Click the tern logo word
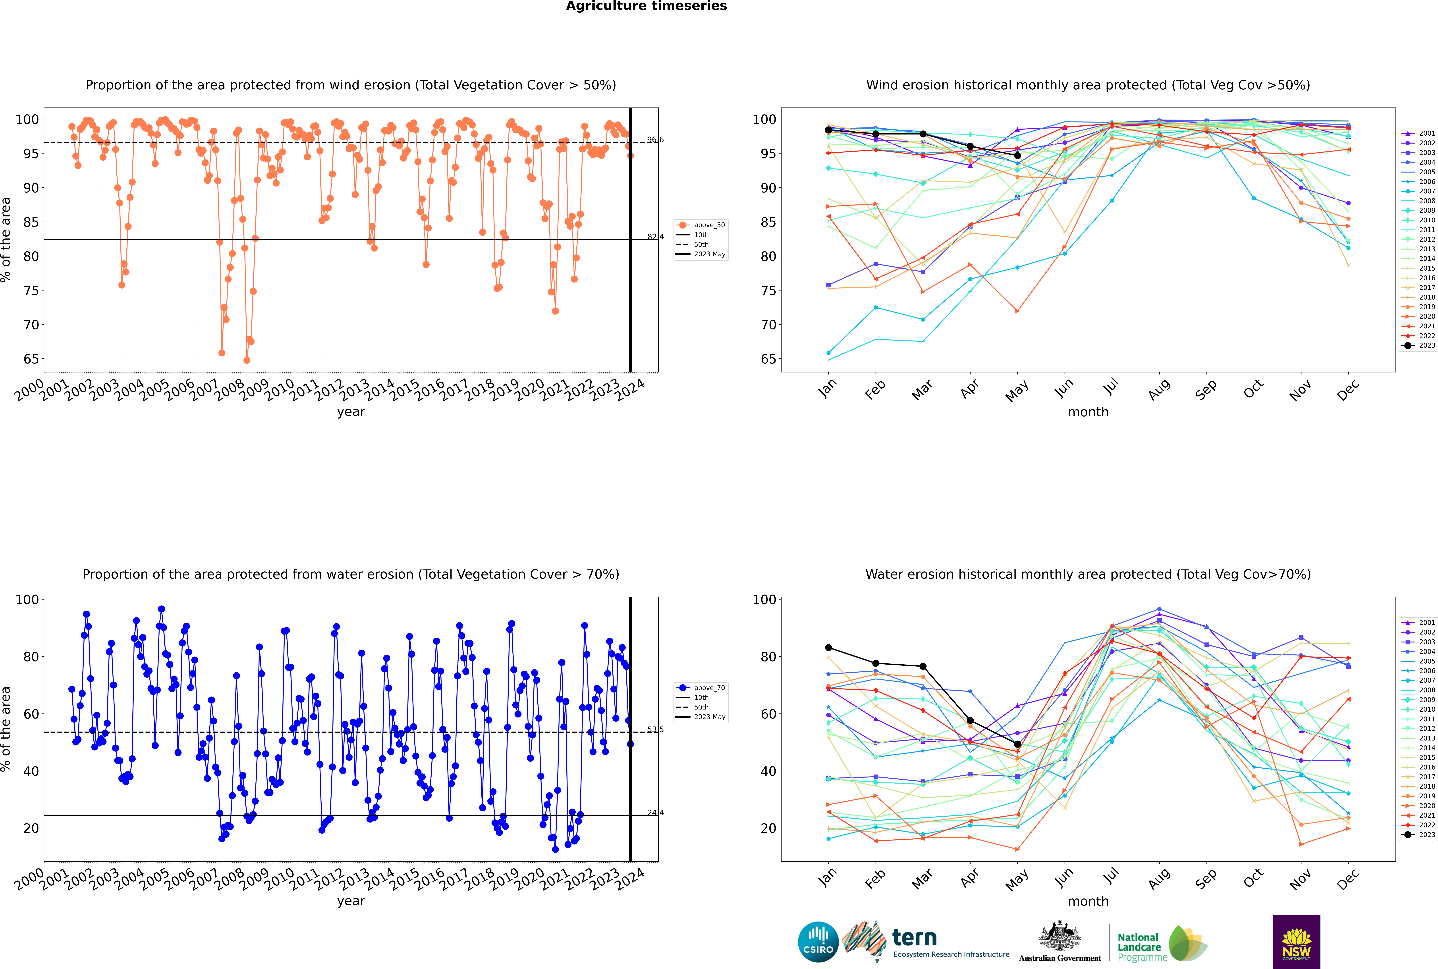point(914,938)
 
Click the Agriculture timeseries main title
point(646,6)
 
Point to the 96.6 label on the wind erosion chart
point(655,140)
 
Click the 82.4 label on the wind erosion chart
point(655,237)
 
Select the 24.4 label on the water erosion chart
point(655,813)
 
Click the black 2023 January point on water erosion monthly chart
point(828,648)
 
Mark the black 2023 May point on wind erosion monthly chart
point(1018,155)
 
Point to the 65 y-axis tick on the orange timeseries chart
point(31,359)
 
